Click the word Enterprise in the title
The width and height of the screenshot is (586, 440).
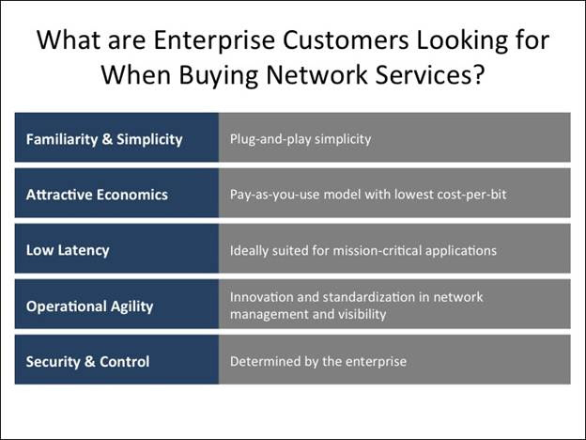[x=214, y=40]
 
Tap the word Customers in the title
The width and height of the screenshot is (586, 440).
[x=346, y=40]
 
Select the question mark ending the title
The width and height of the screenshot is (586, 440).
[x=478, y=74]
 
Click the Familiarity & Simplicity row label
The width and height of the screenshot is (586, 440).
[x=104, y=139]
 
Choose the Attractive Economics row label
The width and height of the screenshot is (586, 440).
[x=97, y=195]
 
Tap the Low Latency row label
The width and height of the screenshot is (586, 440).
[x=68, y=250]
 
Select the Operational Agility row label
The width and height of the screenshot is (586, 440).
[x=90, y=306]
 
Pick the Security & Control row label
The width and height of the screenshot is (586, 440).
[x=88, y=362]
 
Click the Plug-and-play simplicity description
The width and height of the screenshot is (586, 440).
[x=301, y=139]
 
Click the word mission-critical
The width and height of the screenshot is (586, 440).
[x=378, y=250]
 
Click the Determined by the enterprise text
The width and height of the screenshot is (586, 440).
[x=318, y=361]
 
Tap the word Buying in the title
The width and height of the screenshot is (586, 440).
[x=218, y=75]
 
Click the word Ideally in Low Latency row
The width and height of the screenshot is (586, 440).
[x=249, y=251]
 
